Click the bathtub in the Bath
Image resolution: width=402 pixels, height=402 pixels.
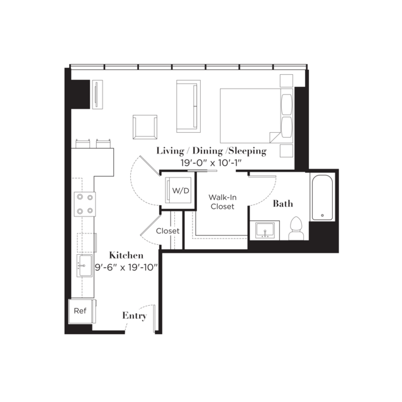pyautogui.click(x=322, y=197)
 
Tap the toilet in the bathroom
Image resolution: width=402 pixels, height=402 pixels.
pyautogui.click(x=296, y=228)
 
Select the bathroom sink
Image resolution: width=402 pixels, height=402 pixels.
pyautogui.click(x=265, y=230)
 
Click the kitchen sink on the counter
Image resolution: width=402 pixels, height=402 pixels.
pyautogui.click(x=84, y=265)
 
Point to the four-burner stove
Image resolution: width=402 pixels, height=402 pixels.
pyautogui.click(x=85, y=204)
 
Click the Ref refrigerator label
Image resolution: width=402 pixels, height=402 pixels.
pyautogui.click(x=80, y=311)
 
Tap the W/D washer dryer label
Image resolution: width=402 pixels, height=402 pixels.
pyautogui.click(x=181, y=191)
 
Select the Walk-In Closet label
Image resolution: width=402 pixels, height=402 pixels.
pyautogui.click(x=222, y=202)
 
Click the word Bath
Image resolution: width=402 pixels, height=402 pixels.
pyautogui.click(x=283, y=204)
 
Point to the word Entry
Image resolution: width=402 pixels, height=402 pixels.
pyautogui.click(x=135, y=316)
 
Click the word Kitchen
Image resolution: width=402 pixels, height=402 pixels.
pyautogui.click(x=126, y=255)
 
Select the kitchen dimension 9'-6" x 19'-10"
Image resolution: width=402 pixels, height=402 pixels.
pyautogui.click(x=126, y=267)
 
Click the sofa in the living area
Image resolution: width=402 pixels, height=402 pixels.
pyautogui.click(x=189, y=106)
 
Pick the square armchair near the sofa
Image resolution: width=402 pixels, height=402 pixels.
pyautogui.click(x=145, y=127)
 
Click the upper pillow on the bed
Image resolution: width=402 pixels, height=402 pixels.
pyautogui.click(x=287, y=104)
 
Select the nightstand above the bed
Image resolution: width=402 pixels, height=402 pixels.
pyautogui.click(x=286, y=81)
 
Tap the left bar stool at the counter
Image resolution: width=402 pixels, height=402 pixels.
pyautogui.click(x=82, y=143)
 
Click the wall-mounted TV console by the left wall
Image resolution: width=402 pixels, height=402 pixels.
pyautogui.click(x=98, y=94)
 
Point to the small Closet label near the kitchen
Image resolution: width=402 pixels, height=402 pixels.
pyautogui.click(x=168, y=231)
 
